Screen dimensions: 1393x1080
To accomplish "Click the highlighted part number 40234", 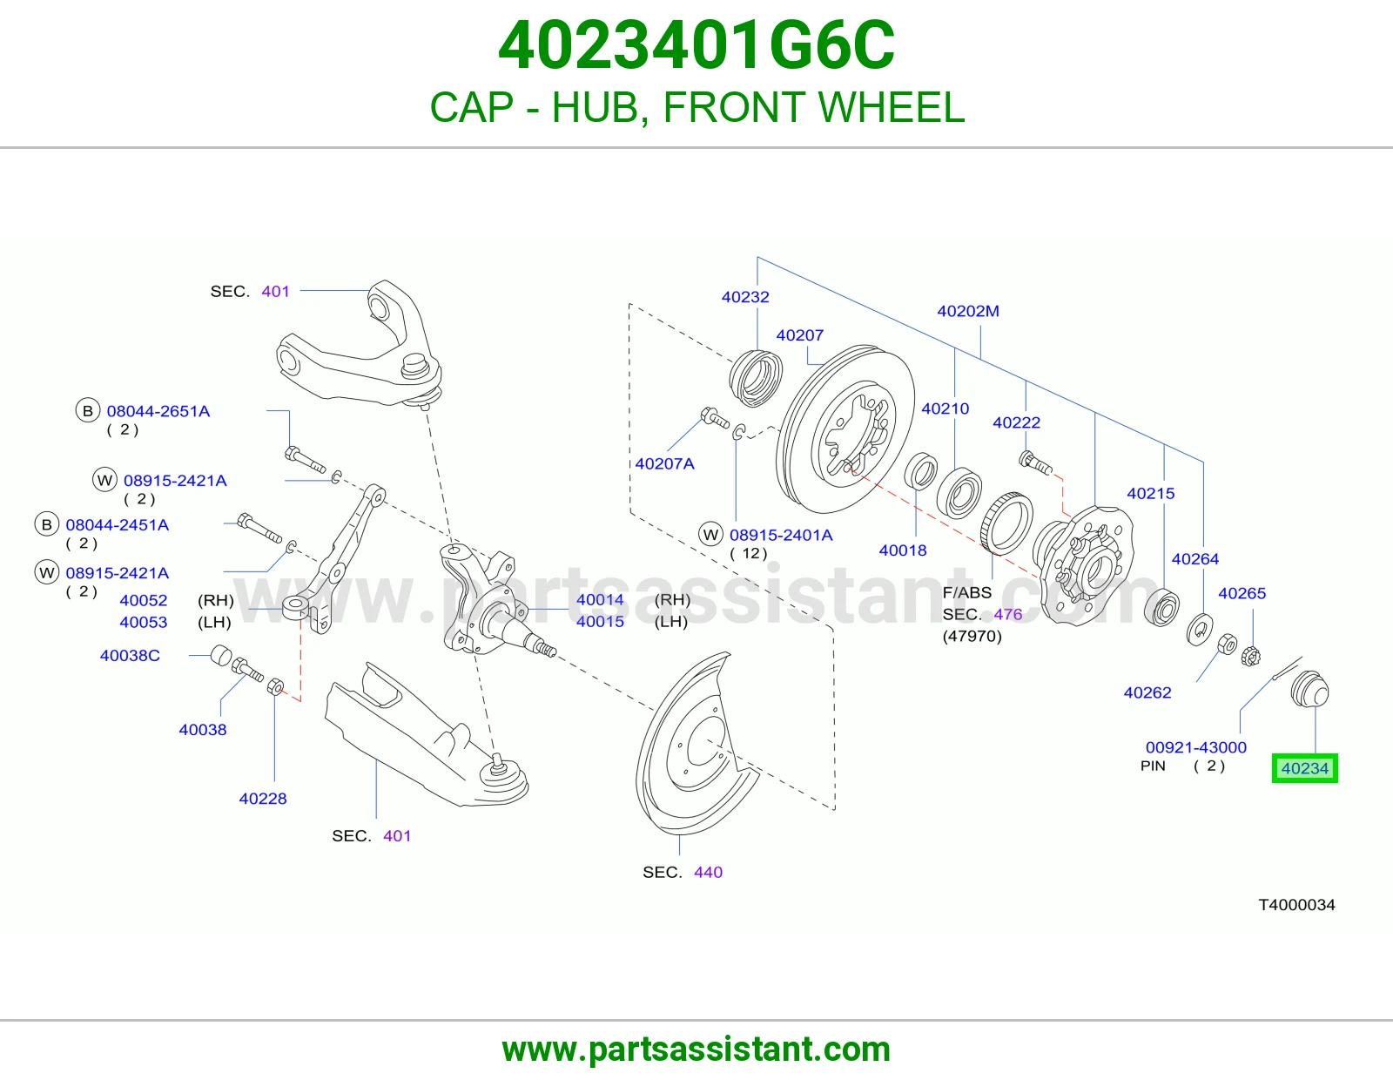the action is [1304, 768].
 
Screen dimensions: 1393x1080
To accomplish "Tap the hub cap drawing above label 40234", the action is [1309, 689].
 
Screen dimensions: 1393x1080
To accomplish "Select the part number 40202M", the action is [968, 311].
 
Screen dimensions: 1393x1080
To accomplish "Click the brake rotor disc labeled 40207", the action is [845, 429].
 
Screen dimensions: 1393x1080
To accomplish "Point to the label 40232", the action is [745, 297].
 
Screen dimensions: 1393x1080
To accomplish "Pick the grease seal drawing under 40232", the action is [756, 378].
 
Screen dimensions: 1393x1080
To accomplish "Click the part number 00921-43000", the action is [1195, 747].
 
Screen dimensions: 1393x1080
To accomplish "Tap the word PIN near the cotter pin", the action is [1153, 766].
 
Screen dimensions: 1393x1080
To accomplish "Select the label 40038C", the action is [130, 656].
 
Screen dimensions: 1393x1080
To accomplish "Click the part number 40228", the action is [263, 799].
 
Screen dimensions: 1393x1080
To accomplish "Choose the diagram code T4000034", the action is [1296, 905].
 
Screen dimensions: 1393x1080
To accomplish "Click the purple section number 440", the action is [708, 872].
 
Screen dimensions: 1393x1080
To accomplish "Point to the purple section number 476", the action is [1007, 614].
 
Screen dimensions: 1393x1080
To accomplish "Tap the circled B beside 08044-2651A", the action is [88, 411].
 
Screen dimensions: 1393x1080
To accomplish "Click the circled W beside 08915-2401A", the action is [710, 534].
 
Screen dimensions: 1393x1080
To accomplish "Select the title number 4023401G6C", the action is [696, 45].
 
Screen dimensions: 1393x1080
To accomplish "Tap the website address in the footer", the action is [696, 1050].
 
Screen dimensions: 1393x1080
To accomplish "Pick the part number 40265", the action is [1242, 593].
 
